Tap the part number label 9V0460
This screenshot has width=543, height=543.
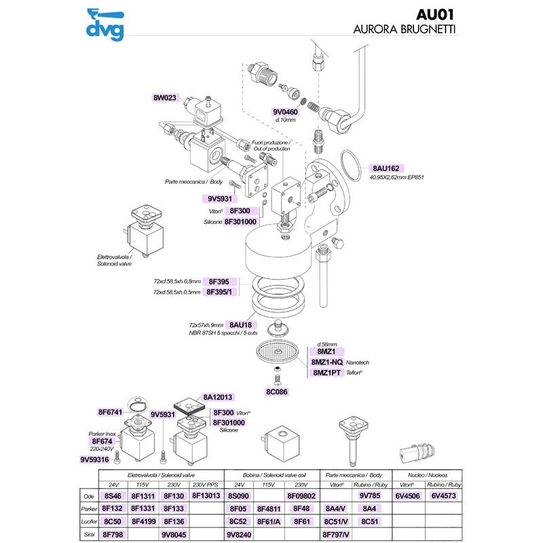[x=291, y=111]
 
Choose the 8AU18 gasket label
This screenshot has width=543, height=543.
[x=240, y=324]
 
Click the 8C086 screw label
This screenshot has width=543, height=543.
[x=278, y=391]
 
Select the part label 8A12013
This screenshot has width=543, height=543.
[x=218, y=397]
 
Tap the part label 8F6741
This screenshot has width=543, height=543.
[x=113, y=412]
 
